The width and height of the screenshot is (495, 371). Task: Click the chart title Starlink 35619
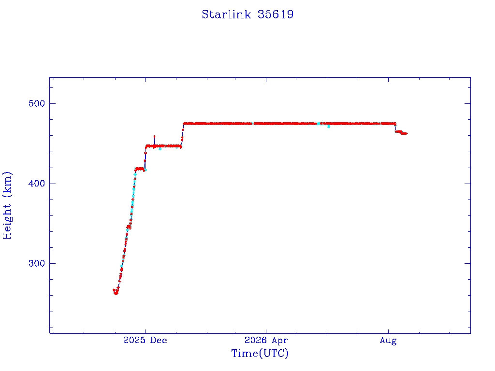click(x=247, y=14)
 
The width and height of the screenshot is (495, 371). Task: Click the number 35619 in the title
click(x=275, y=14)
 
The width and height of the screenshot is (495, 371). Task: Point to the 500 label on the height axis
click(x=37, y=103)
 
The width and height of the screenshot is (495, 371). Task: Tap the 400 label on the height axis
click(x=37, y=184)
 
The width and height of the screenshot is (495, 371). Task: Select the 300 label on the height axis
click(x=37, y=263)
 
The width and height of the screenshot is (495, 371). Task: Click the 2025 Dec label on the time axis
click(x=145, y=340)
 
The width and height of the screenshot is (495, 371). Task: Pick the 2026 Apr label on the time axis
click(x=266, y=340)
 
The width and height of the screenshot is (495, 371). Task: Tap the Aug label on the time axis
click(x=388, y=341)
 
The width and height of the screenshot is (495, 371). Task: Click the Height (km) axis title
click(x=7, y=205)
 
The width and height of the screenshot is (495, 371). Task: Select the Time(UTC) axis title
click(x=260, y=353)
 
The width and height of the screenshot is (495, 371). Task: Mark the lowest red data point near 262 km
click(x=116, y=293)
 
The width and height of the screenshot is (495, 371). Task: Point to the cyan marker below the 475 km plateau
click(x=329, y=127)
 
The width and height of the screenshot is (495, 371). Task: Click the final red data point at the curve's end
click(x=406, y=134)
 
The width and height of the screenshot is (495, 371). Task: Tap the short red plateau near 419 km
click(x=140, y=169)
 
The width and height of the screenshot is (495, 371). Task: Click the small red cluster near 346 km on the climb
click(x=129, y=227)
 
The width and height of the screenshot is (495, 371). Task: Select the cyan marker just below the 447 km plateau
click(x=160, y=149)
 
